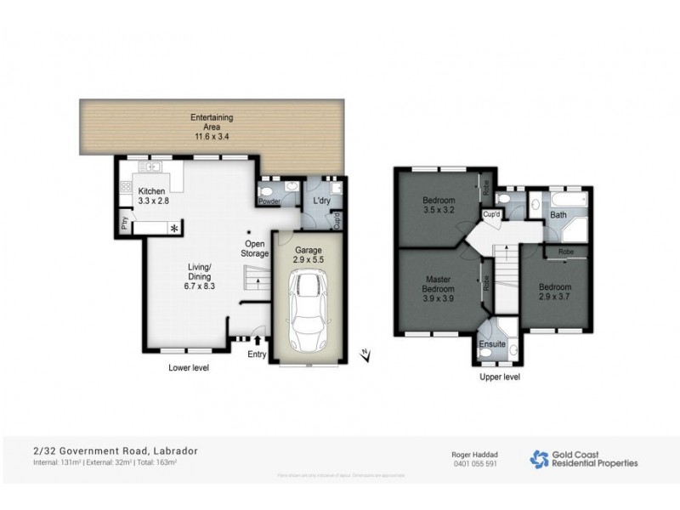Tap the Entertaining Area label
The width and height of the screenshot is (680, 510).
[x=212, y=126]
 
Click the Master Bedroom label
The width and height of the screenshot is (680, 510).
[x=439, y=289]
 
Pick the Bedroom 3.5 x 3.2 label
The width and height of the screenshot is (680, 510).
[x=439, y=206]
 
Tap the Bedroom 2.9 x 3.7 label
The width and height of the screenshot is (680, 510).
[x=556, y=292]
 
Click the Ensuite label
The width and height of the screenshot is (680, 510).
[x=492, y=345]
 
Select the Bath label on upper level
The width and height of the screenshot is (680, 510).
[x=558, y=215]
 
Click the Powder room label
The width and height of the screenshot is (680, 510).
[x=269, y=201]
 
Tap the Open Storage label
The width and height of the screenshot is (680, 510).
[x=255, y=249]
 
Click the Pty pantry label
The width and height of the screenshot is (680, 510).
[x=124, y=224]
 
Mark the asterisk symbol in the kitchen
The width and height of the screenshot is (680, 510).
[x=175, y=229]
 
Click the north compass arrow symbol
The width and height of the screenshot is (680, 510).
[x=364, y=354]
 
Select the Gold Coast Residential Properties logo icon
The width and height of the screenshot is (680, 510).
[x=539, y=458]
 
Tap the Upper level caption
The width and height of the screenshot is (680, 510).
[x=500, y=377]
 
